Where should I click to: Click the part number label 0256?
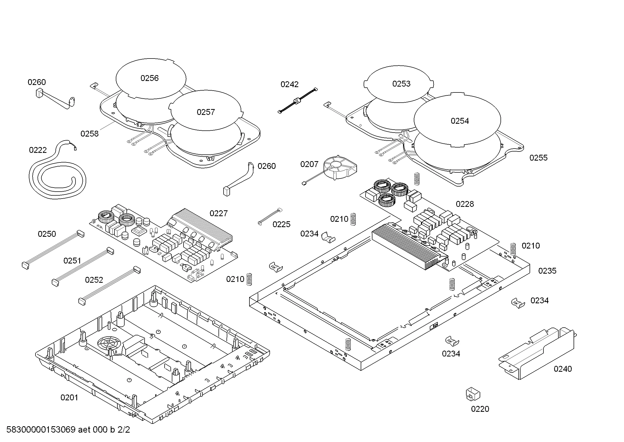pyautogui.click(x=149, y=78)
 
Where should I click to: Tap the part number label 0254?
pyautogui.click(x=460, y=121)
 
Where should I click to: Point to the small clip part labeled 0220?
pyautogui.click(x=473, y=394)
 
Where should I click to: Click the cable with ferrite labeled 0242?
pyautogui.click(x=298, y=101)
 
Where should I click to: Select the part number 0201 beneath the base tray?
pyautogui.click(x=69, y=398)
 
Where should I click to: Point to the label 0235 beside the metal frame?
pyautogui.click(x=547, y=271)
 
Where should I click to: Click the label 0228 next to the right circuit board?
pyautogui.click(x=465, y=204)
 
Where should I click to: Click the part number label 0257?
pyautogui.click(x=206, y=112)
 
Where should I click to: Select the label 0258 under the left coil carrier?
pyautogui.click(x=89, y=134)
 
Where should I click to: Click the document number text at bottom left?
pyautogui.click(x=68, y=430)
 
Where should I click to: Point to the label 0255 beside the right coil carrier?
pyautogui.click(x=538, y=158)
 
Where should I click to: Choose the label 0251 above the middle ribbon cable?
pyautogui.click(x=72, y=261)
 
